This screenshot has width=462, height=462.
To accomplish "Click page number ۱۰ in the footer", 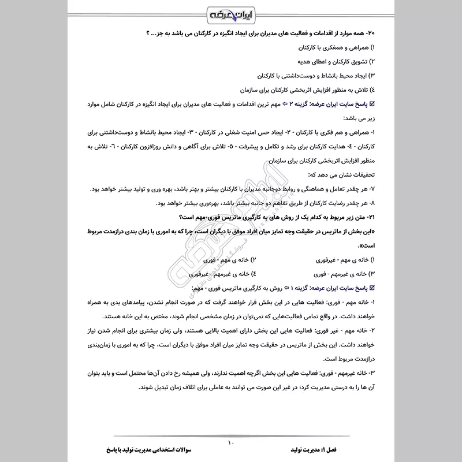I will click(x=231, y=443).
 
